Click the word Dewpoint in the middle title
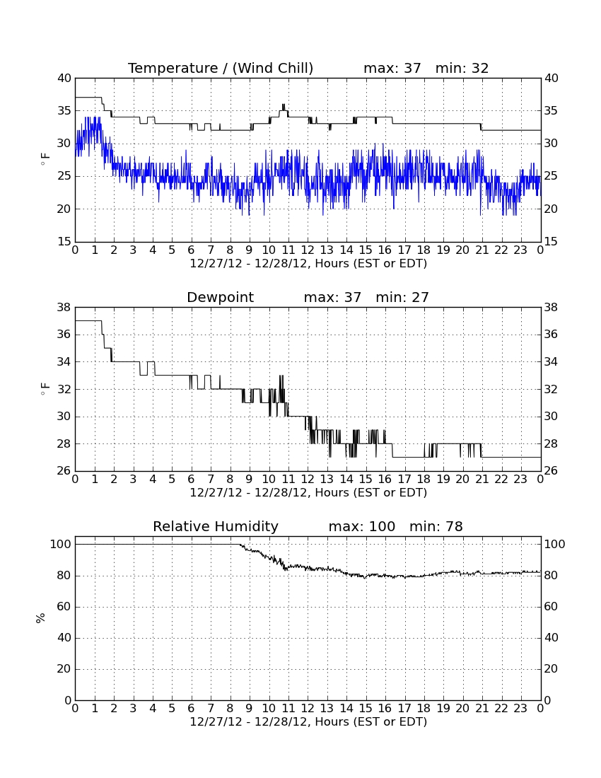[x=220, y=298]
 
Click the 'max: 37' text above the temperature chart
[x=392, y=68]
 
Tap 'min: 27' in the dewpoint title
[x=402, y=297]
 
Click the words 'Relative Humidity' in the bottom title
[x=216, y=527]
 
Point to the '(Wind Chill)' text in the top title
[x=273, y=69]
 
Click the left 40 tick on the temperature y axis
[x=64, y=79]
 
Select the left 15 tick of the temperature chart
[x=64, y=242]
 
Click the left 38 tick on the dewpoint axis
[x=64, y=308]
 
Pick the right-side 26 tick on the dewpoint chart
[x=551, y=471]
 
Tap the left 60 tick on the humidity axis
[x=64, y=607]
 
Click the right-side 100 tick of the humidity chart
[x=554, y=545]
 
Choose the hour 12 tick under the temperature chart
[x=308, y=250]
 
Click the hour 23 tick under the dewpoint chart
[x=520, y=480]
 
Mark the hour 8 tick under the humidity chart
[x=230, y=709]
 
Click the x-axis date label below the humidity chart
[x=308, y=722]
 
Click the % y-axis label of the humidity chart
[x=41, y=618]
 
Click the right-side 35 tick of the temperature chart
[x=551, y=110]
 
